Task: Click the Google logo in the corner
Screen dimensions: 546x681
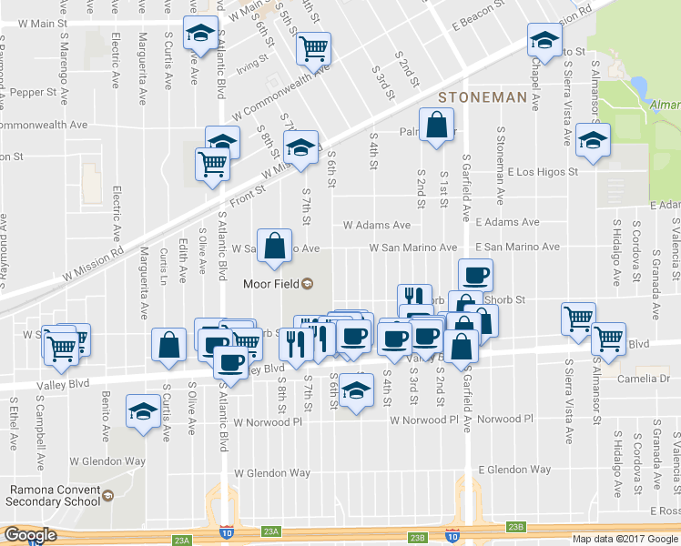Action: (29, 535)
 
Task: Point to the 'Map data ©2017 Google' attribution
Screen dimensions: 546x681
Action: (625, 539)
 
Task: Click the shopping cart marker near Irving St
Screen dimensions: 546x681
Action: (313, 49)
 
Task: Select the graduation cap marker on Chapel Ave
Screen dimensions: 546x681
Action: (544, 41)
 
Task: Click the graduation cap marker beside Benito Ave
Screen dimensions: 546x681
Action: (143, 412)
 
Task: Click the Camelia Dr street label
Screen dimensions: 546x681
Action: (642, 378)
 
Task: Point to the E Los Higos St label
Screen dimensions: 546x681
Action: (543, 171)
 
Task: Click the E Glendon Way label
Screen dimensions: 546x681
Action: (514, 470)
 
